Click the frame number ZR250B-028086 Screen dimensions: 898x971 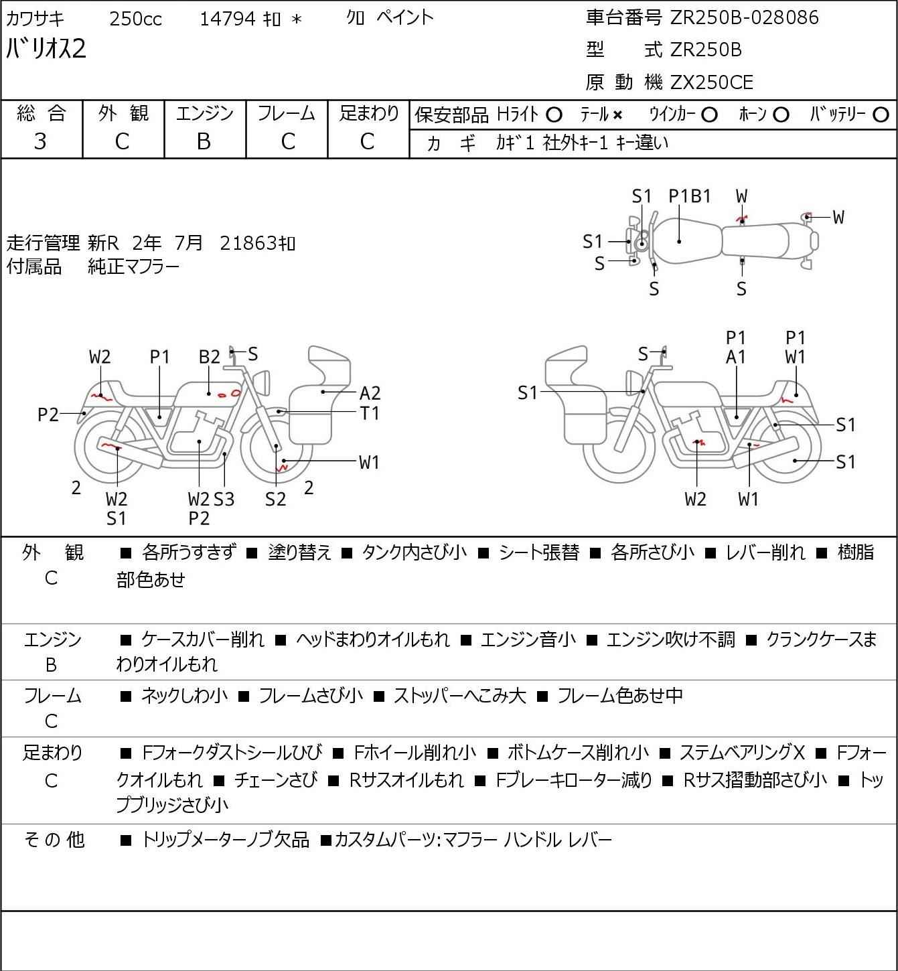744,18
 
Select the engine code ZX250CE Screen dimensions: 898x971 712,82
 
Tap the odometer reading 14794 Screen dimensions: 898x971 228,19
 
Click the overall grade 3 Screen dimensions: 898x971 40,142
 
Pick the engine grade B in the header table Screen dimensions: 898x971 204,142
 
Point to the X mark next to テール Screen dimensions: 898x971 617,115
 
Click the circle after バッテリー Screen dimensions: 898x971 881,115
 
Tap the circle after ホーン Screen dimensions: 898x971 781,115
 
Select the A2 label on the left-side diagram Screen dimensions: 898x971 370,393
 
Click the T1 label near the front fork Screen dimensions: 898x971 370,414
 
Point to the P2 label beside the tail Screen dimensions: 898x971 48,415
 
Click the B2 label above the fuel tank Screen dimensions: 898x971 210,357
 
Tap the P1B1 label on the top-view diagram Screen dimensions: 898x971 690,196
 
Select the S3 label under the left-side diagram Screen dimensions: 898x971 224,499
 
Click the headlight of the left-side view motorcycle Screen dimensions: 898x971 262,382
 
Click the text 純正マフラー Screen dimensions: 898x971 133,267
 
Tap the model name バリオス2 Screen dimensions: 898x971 46,49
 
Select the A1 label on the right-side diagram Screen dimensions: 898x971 736,357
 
